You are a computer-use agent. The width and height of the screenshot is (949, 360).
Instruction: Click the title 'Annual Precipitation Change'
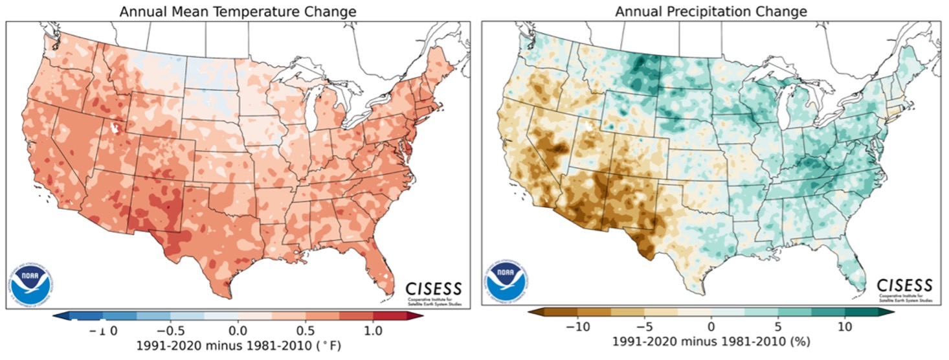(710, 11)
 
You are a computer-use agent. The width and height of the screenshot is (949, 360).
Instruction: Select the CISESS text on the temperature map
(434, 287)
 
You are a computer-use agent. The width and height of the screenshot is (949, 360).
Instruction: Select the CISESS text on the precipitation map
(904, 285)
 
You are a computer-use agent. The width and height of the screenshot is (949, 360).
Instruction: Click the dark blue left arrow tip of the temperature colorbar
(58, 315)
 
